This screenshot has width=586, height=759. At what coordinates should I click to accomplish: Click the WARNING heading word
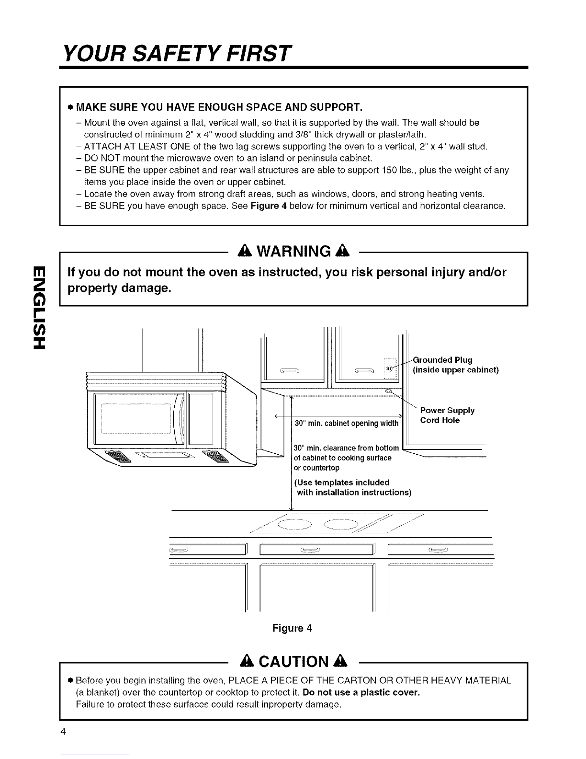pyautogui.click(x=301, y=251)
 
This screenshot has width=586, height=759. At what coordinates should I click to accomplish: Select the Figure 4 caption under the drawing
pyautogui.click(x=292, y=628)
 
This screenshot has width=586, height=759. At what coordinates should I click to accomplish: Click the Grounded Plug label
pyautogui.click(x=442, y=360)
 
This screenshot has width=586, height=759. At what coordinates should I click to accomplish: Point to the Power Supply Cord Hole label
pyautogui.click(x=447, y=415)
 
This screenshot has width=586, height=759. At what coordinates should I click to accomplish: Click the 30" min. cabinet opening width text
pyautogui.click(x=347, y=423)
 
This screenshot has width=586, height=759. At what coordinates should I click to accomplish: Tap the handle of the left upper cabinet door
pyautogui.click(x=289, y=369)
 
